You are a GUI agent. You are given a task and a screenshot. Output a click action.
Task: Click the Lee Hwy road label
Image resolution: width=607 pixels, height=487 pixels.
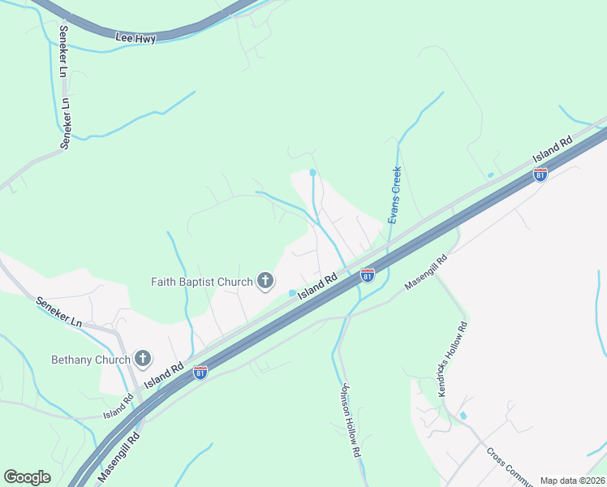coord(136,38)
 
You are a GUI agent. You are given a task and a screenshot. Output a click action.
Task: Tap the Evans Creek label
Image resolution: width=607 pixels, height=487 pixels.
coord(394,196)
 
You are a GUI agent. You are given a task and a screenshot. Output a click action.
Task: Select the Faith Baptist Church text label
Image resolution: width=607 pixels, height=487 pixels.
coord(202,282)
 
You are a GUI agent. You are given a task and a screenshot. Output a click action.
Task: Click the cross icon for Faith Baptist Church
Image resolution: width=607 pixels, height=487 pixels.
coord(265,282)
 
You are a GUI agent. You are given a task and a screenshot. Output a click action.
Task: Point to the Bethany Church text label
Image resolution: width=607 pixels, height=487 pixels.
coord(91,359)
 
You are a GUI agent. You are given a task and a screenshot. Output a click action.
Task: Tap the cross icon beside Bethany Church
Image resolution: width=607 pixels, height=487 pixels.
coord(143,358)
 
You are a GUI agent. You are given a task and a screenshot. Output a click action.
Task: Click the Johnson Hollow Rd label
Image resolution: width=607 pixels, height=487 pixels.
coord(351,420)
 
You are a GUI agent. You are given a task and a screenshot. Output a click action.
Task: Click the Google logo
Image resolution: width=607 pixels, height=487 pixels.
coord(27,476)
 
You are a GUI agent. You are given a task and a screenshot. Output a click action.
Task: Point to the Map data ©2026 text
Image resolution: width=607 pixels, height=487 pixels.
coord(572,481)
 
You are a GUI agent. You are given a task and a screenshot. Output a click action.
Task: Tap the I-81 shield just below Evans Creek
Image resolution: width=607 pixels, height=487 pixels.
coord(368,275)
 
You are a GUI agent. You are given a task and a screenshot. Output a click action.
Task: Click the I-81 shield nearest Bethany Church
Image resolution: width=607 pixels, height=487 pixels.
coord(200,373)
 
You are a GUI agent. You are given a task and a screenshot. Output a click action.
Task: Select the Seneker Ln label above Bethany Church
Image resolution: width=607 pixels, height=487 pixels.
coord(59,312)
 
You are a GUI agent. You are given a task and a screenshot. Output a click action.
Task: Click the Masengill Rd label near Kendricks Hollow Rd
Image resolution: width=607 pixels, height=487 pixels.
coord(426,274)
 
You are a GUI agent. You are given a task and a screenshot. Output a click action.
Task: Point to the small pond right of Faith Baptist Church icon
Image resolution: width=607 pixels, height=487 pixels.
coord(292,294)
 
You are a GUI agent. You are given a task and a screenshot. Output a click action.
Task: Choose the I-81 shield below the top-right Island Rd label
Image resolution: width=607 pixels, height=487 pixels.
coord(540,174)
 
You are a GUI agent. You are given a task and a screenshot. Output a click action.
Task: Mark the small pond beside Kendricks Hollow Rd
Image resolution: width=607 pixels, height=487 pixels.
coord(463,416)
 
